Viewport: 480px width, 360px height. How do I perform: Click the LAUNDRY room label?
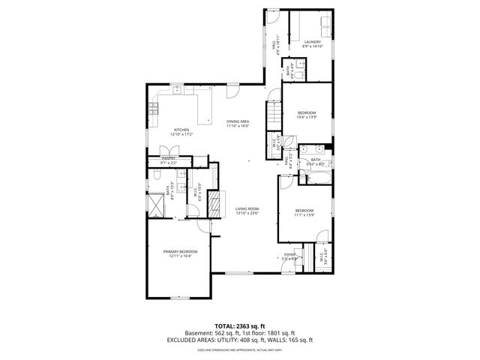click(x=313, y=42)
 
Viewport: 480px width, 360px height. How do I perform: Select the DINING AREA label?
click(x=238, y=121)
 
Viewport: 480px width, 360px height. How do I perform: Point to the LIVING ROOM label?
click(x=247, y=208)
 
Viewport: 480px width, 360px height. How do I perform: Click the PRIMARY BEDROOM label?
click(x=181, y=252)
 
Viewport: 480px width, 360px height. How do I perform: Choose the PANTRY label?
click(x=168, y=159)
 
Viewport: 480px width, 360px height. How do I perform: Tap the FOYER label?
click(x=289, y=255)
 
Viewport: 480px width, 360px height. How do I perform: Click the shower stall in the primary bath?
click(x=156, y=205)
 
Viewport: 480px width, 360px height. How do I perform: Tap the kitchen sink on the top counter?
click(x=175, y=91)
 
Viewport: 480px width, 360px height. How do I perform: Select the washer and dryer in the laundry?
click(x=313, y=24)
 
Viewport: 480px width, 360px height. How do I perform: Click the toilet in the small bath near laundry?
click(x=298, y=74)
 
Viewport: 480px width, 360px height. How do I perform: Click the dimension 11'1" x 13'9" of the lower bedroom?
click(x=304, y=214)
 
